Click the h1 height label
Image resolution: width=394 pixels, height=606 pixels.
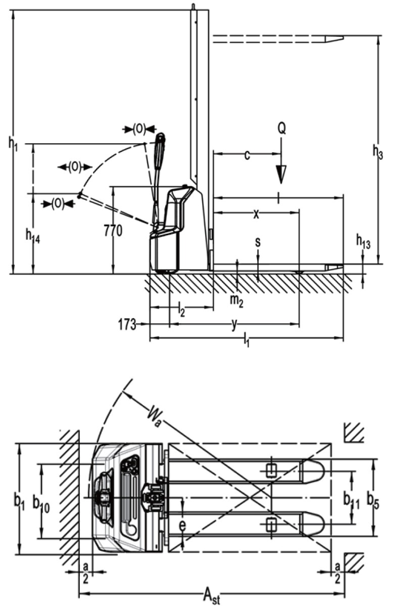click(13, 143)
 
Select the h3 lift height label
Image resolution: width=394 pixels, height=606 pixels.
click(378, 151)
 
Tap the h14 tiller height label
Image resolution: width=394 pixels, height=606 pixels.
click(32, 235)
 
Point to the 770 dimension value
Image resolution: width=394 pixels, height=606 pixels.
click(113, 231)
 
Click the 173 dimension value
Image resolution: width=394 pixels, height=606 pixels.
click(127, 324)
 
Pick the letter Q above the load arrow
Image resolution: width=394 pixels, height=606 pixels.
click(282, 128)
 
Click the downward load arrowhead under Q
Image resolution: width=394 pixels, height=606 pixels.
click(282, 174)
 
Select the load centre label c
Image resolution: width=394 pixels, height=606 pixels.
click(247, 155)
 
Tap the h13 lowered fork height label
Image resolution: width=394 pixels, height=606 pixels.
click(363, 243)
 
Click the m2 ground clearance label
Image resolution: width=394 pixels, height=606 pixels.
click(236, 300)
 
